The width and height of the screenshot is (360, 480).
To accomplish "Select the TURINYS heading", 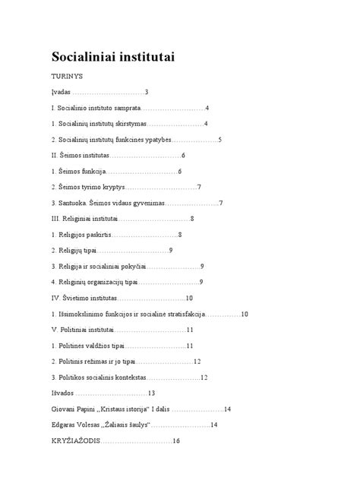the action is pos(67,77).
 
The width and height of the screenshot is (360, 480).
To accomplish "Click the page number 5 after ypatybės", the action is pos(219,141).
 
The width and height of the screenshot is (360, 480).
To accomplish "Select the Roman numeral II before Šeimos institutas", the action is pos(55,156).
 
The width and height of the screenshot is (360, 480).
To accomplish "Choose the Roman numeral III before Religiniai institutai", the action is pos(56,219).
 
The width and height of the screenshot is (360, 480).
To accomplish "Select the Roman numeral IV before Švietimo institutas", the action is pos(55,298).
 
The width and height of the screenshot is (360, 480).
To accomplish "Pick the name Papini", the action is pos(89,409).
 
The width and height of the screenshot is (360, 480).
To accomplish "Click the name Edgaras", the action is pos(65,425).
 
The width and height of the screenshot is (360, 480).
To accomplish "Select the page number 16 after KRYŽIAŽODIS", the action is pos(175,441).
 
